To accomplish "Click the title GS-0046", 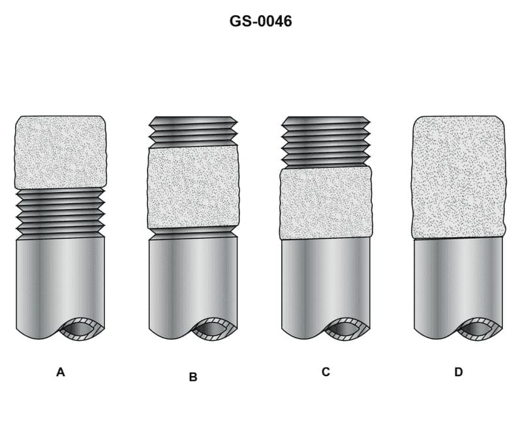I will (x=260, y=21).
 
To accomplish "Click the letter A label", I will (x=61, y=372).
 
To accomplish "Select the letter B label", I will (x=193, y=377).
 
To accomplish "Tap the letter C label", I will (x=326, y=372).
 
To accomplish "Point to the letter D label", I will (x=459, y=372).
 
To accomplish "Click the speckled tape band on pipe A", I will (x=60, y=152).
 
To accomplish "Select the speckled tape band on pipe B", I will (x=193, y=187).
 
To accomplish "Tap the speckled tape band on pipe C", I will (x=326, y=203).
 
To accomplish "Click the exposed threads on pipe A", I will (x=60, y=212).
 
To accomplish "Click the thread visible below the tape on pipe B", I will (x=193, y=232).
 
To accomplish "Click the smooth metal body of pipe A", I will (x=52, y=281).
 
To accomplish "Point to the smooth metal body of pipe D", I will (x=450, y=281).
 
